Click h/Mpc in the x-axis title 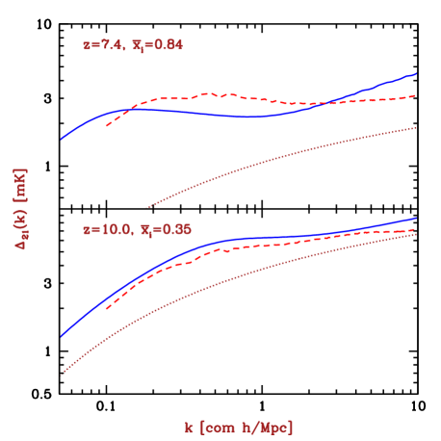pyautogui.click(x=269, y=426)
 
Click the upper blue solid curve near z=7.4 pyautogui.click(x=241, y=117)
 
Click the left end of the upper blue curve pyautogui.click(x=62, y=139)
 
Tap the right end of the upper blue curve pyautogui.click(x=415, y=73)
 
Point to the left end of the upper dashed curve pyautogui.click(x=106, y=126)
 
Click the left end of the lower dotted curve pyautogui.click(x=62, y=375)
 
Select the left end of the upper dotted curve pyautogui.click(x=146, y=206)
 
